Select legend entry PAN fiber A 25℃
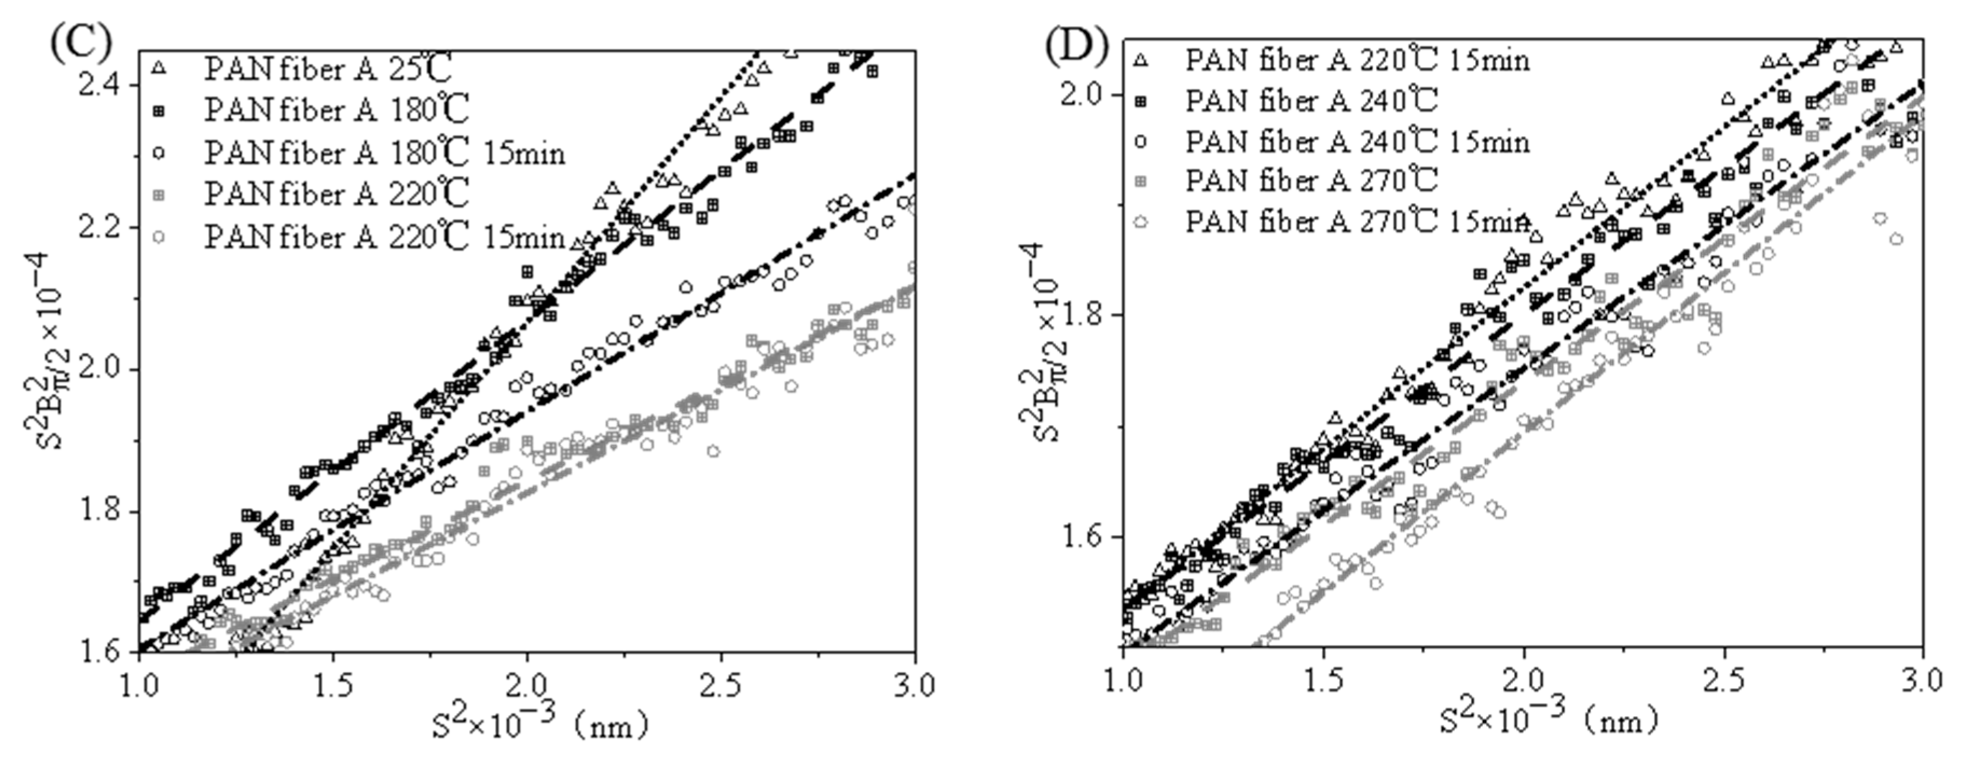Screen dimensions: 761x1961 (327, 70)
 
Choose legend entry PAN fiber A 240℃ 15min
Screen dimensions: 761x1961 (1357, 142)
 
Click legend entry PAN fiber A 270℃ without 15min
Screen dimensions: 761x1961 (1311, 181)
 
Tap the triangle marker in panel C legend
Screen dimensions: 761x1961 (159, 69)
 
